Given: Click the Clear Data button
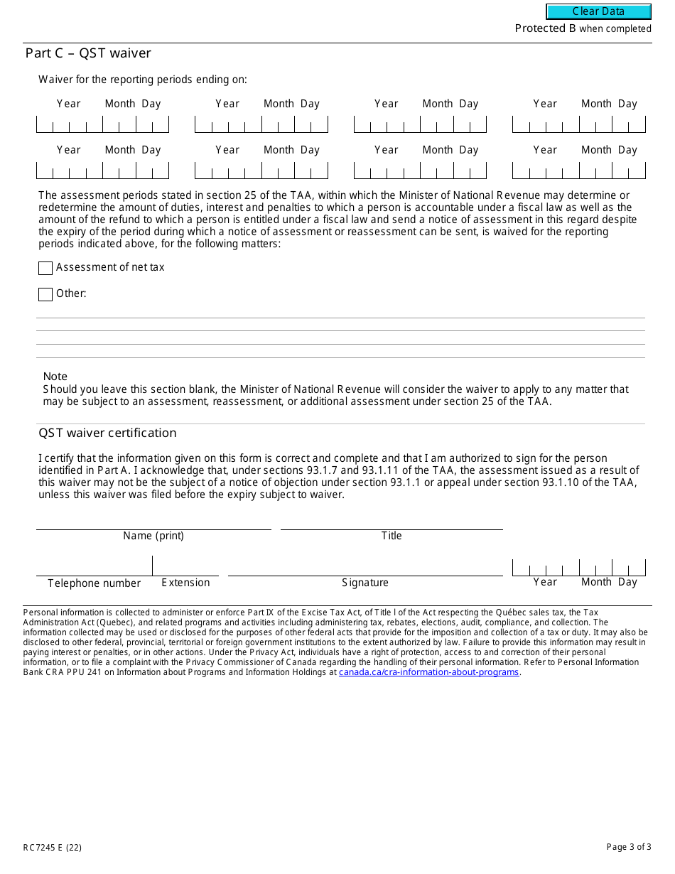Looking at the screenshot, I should pos(598,11).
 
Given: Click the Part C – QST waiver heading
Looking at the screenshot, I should pos(88,53).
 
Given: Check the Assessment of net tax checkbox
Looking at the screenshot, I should pos(45,268).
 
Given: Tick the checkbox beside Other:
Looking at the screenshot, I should pos(45,294).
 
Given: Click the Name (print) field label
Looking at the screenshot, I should pos(153,536).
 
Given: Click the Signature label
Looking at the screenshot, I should pos(365,583).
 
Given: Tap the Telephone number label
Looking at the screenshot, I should pos(94,583).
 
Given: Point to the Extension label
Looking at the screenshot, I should pos(185,583).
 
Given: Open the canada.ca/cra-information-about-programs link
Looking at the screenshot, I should pos(428,672).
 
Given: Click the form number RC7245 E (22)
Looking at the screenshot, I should pos(52,847).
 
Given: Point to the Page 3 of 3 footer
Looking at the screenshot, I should pos(628,847).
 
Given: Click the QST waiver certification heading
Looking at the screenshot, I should pos(107,433).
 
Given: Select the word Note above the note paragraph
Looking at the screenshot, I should pos(55,377).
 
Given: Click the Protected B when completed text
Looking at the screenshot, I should pos(583,28).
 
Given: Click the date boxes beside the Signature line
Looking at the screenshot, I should pos(578,568).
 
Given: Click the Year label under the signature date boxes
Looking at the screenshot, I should pos(545,582).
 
